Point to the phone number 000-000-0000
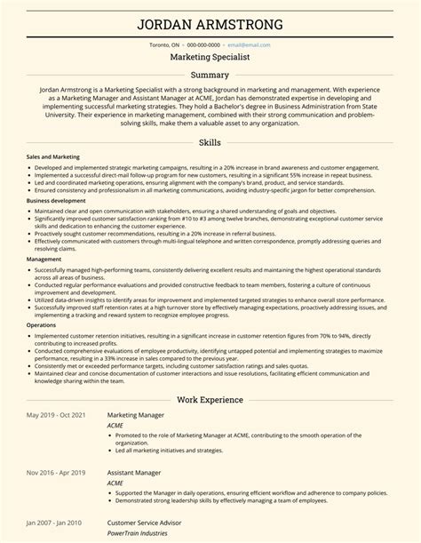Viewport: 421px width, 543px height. click(x=203, y=43)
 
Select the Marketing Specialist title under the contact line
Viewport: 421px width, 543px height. click(x=210, y=55)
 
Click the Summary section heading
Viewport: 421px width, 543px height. click(x=210, y=75)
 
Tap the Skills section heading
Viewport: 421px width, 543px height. click(x=210, y=142)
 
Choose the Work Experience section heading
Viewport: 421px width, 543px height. click(x=210, y=375)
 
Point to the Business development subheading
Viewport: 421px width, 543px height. click(x=56, y=201)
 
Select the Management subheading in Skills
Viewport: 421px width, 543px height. click(x=44, y=259)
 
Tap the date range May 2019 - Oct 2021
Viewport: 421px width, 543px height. click(x=56, y=391)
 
